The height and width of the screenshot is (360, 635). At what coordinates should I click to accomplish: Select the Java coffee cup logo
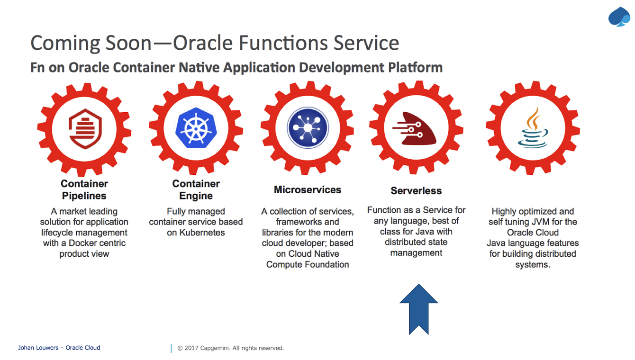tap(533, 128)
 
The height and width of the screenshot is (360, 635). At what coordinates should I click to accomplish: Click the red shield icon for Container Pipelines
tap(85, 128)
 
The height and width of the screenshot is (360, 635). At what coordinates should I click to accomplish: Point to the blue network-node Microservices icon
tap(308, 128)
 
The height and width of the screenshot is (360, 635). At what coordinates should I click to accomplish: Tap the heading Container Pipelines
tap(84, 189)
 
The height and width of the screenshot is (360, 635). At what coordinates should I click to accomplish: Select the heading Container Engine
tap(196, 189)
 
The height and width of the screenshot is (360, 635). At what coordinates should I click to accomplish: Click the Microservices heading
tap(308, 190)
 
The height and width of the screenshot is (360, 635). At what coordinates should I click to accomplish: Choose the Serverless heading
tap(416, 191)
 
